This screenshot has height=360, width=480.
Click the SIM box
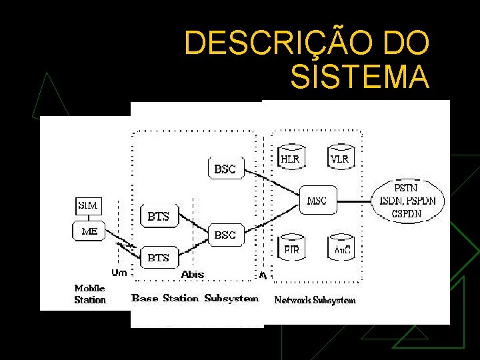pos(87,205)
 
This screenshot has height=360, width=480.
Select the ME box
pos(89,231)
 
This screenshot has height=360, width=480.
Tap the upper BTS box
pos(159,216)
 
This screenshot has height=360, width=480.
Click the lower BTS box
pos(158,257)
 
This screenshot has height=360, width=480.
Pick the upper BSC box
pos(225,169)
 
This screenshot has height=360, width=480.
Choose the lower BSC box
pos(225,235)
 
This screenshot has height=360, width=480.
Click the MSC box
pos(317,200)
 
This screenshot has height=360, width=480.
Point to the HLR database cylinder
pos(289,157)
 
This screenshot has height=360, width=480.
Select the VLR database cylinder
pos(339,157)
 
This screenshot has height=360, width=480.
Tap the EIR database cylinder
pos(292,248)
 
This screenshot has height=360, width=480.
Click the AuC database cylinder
pos(342,248)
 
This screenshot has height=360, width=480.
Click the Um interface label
pos(119,273)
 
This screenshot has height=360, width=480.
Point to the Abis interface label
pos(193,274)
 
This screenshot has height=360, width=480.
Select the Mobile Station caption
pos(90,294)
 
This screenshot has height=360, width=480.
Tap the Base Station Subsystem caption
pos(195,298)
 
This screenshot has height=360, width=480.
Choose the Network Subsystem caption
pos(315,300)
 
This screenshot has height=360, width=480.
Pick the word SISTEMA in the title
pos(360,77)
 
